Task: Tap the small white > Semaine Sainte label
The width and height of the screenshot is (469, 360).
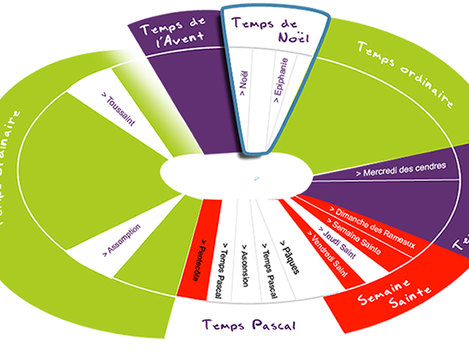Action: coord(349,236)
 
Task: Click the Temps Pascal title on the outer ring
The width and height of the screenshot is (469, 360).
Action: coord(249,324)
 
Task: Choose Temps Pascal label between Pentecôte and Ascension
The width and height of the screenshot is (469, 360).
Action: coord(224,265)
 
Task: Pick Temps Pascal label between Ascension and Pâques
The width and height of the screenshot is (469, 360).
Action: coord(268,264)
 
